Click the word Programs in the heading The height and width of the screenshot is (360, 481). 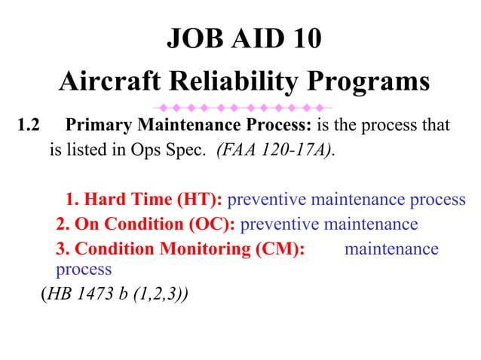coord(369,81)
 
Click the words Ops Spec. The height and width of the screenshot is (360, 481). coord(178,148)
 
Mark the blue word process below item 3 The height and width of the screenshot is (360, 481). coord(84,269)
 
